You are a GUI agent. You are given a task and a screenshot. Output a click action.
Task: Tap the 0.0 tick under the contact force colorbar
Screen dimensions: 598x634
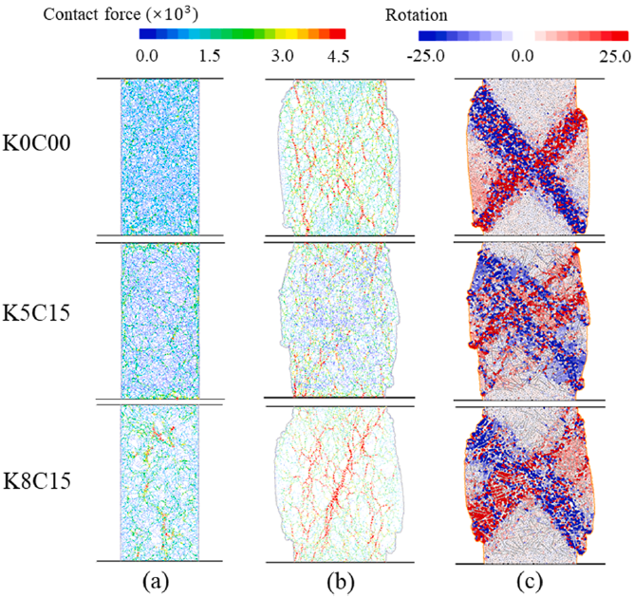(x=145, y=58)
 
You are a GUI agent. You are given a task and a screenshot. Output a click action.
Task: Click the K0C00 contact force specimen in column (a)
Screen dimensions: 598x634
(x=160, y=155)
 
